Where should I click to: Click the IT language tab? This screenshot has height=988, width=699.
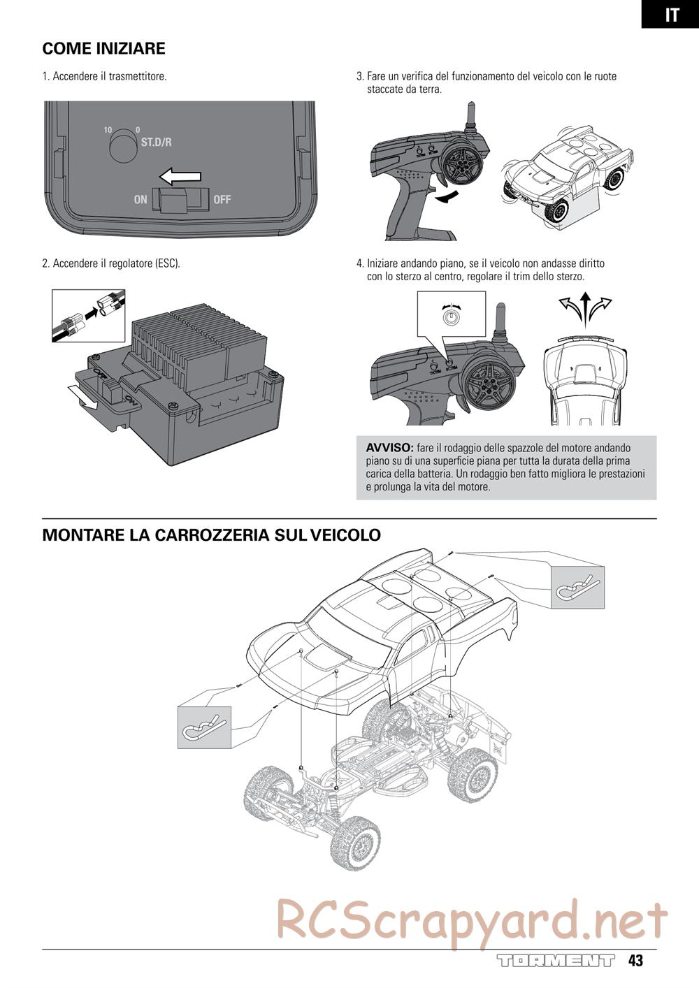[x=671, y=15]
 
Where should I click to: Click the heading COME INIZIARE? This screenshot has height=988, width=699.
[x=103, y=49]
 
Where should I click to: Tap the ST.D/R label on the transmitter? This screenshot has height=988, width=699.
[x=156, y=143]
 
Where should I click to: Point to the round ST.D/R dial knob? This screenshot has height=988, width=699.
[x=123, y=145]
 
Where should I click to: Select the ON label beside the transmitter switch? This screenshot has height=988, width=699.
[x=140, y=200]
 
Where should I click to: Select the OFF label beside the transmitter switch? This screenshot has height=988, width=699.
[x=222, y=200]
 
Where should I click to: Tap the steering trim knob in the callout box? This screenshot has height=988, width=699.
[x=452, y=317]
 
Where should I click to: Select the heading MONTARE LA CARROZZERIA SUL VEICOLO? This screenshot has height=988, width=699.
[x=212, y=535]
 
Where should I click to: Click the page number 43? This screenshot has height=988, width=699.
[x=635, y=960]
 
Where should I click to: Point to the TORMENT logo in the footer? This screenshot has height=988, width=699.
[x=556, y=960]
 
